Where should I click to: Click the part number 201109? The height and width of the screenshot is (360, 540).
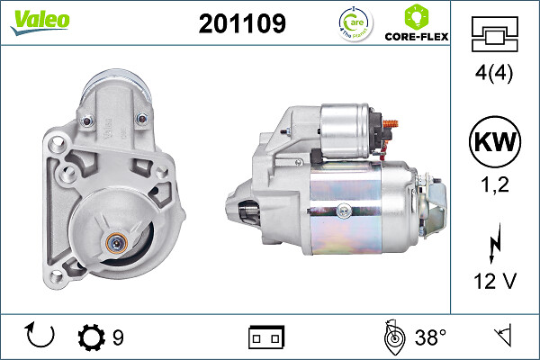click(x=241, y=24)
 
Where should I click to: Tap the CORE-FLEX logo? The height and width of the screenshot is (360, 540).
click(x=416, y=25)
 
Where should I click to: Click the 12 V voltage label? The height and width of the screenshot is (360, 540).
click(x=494, y=281)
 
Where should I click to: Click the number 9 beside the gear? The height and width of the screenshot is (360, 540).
click(x=118, y=337)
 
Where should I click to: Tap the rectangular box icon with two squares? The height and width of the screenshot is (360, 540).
click(x=266, y=337)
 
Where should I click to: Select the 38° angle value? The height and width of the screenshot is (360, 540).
click(x=431, y=337)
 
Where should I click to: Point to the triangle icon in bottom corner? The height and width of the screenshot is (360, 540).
click(x=501, y=337)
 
